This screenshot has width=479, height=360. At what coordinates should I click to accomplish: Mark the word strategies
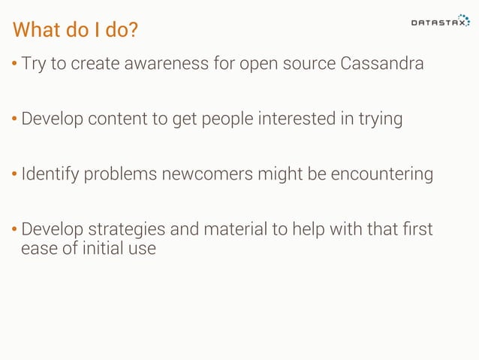(125, 230)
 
